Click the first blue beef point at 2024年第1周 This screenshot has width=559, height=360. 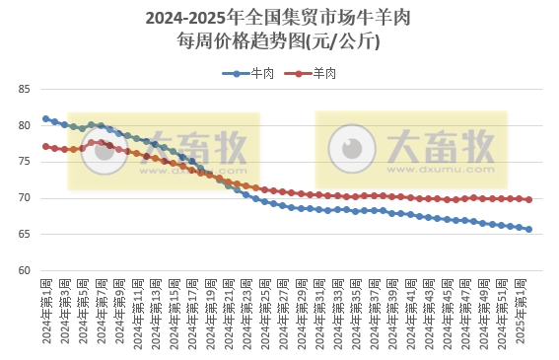tap(46, 118)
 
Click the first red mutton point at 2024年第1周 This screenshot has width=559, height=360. tap(46, 146)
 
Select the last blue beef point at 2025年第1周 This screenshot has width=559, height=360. tap(528, 229)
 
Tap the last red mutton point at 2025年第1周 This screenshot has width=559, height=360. tap(528, 199)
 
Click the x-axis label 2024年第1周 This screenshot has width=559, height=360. tap(46, 312)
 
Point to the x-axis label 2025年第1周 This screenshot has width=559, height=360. tap(528, 312)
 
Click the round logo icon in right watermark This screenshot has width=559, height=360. tap(352, 148)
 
